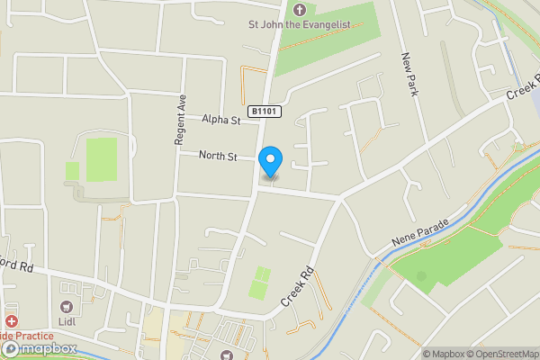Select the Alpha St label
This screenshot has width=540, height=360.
(221, 119)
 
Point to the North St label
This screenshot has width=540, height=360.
(218, 157)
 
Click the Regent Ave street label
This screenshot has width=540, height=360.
(180, 119)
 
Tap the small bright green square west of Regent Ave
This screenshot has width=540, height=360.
(72, 170)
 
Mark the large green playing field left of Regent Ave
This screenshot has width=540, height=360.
(101, 159)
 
